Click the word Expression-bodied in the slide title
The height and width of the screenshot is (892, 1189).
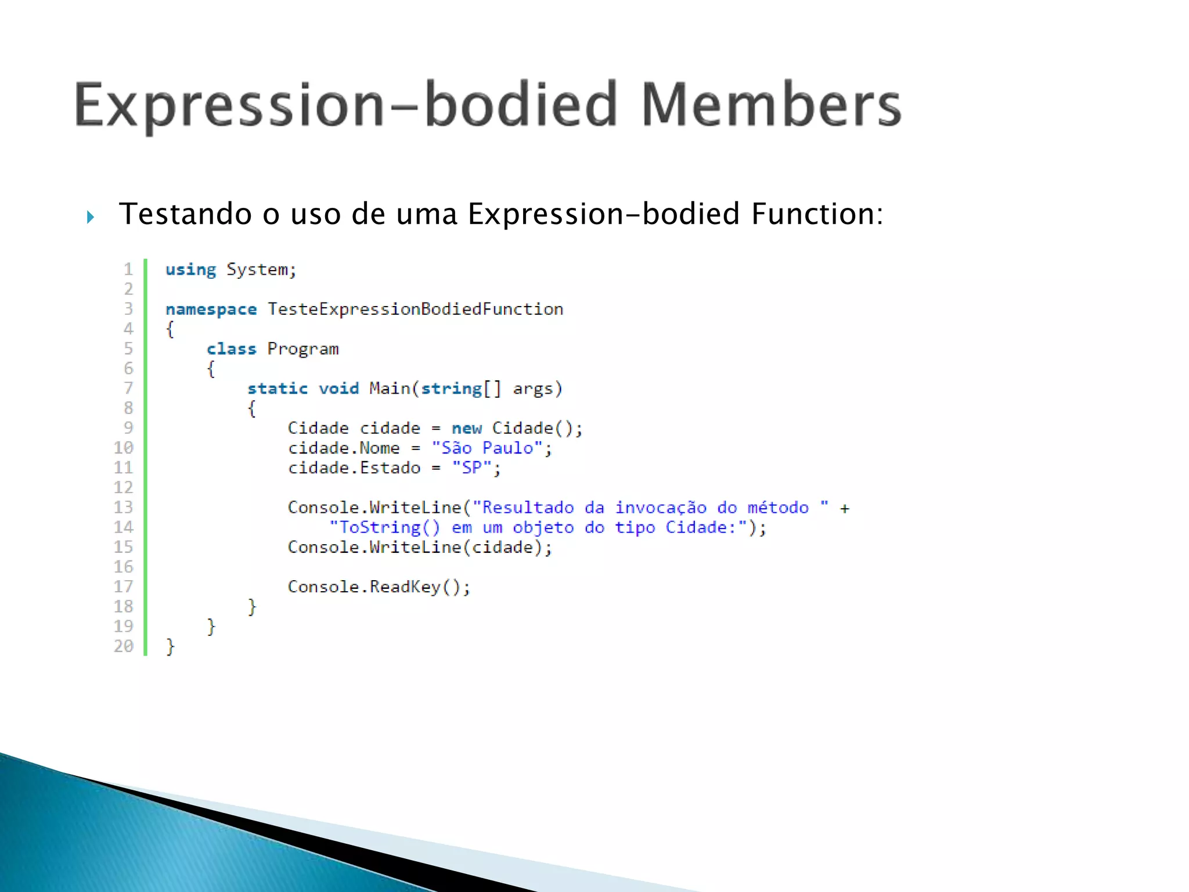(x=345, y=106)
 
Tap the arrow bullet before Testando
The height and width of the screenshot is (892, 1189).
(x=90, y=217)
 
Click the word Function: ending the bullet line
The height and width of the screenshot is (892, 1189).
(x=817, y=214)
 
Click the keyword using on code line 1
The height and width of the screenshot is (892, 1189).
(x=190, y=270)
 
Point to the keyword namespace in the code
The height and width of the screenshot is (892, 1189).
(x=211, y=310)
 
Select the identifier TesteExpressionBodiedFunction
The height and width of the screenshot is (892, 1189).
(x=415, y=309)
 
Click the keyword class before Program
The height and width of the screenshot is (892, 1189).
(x=231, y=349)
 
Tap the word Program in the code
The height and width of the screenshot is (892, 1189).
(x=302, y=349)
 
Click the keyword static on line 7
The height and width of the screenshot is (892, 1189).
(x=278, y=389)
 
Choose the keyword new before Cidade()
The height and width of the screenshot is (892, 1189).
(x=467, y=429)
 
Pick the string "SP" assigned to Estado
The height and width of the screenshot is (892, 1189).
(x=471, y=467)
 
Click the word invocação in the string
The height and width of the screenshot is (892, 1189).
(x=661, y=508)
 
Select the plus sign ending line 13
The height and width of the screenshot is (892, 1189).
(x=845, y=509)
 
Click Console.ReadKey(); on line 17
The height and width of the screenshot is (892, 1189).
(x=379, y=587)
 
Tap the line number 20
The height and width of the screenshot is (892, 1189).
(x=124, y=646)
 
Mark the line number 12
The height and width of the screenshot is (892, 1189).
(x=124, y=487)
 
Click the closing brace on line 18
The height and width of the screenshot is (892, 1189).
(x=251, y=607)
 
